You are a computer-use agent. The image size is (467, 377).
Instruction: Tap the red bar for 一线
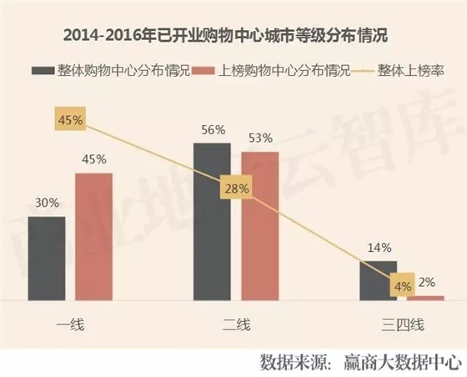(93, 235)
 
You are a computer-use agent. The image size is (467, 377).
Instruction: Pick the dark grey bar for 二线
(212, 220)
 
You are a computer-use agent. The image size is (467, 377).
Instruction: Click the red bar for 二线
(260, 224)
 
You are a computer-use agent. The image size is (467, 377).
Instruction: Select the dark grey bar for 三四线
(378, 280)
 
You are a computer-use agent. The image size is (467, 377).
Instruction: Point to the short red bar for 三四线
(426, 297)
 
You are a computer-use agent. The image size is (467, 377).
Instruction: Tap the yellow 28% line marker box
(236, 189)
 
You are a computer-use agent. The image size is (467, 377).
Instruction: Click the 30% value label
(46, 201)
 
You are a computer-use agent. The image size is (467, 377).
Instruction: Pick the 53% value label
(260, 136)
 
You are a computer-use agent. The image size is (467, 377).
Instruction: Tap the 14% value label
(378, 247)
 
